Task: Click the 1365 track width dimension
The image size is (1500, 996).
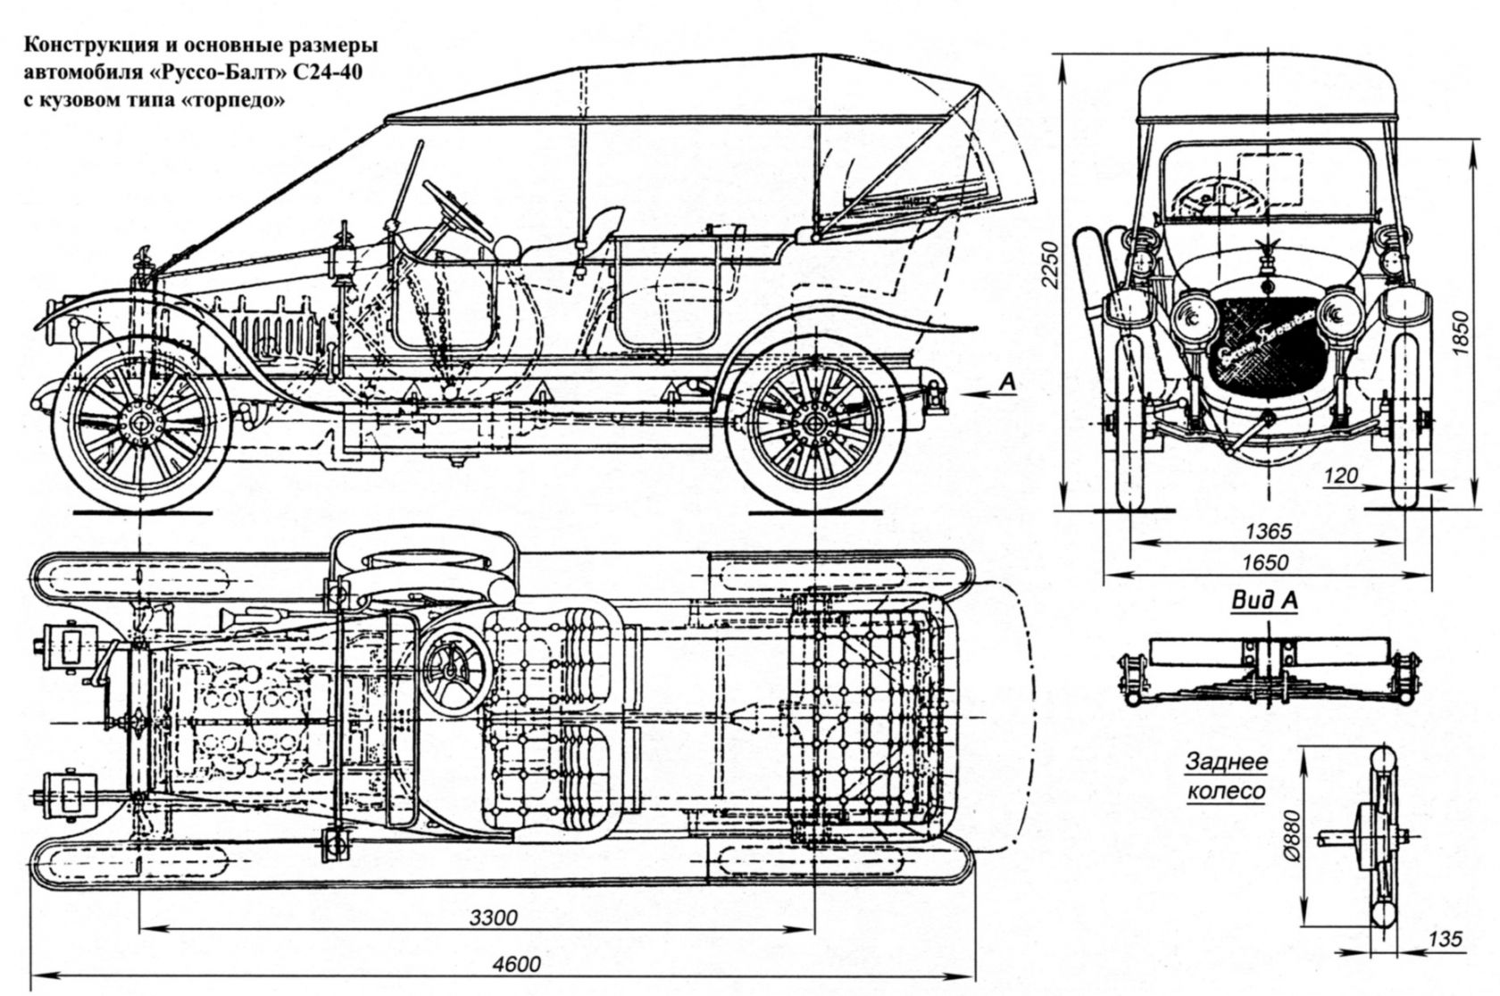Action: coord(1268,532)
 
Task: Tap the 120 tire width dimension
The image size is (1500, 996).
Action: coord(1342,477)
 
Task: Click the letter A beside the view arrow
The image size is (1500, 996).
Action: coord(1007,381)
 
